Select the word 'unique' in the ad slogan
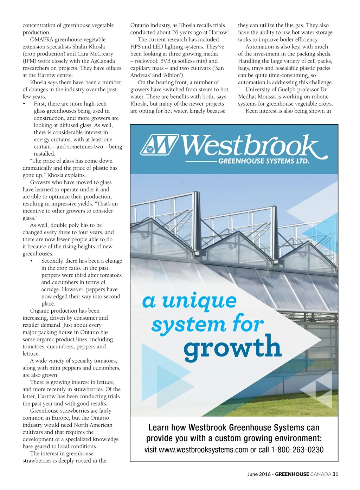(199, 301)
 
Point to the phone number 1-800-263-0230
(297, 450)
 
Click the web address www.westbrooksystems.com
(204, 450)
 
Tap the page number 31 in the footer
(335, 474)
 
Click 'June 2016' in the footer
(259, 474)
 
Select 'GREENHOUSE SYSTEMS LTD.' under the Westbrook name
(263, 161)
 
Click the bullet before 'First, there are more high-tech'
(24, 104)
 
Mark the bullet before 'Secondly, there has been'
(32, 261)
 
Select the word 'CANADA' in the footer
(321, 474)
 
